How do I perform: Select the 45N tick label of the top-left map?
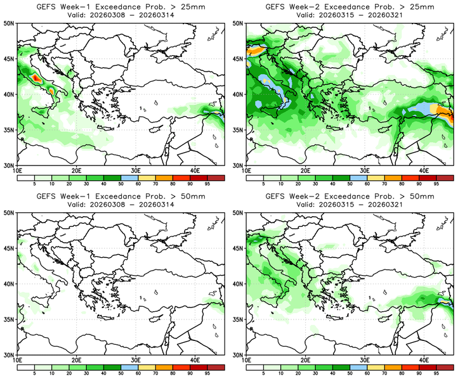10,58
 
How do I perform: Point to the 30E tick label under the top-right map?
364,170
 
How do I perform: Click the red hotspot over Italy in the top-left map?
36,78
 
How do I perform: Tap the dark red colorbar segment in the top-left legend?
215,178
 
